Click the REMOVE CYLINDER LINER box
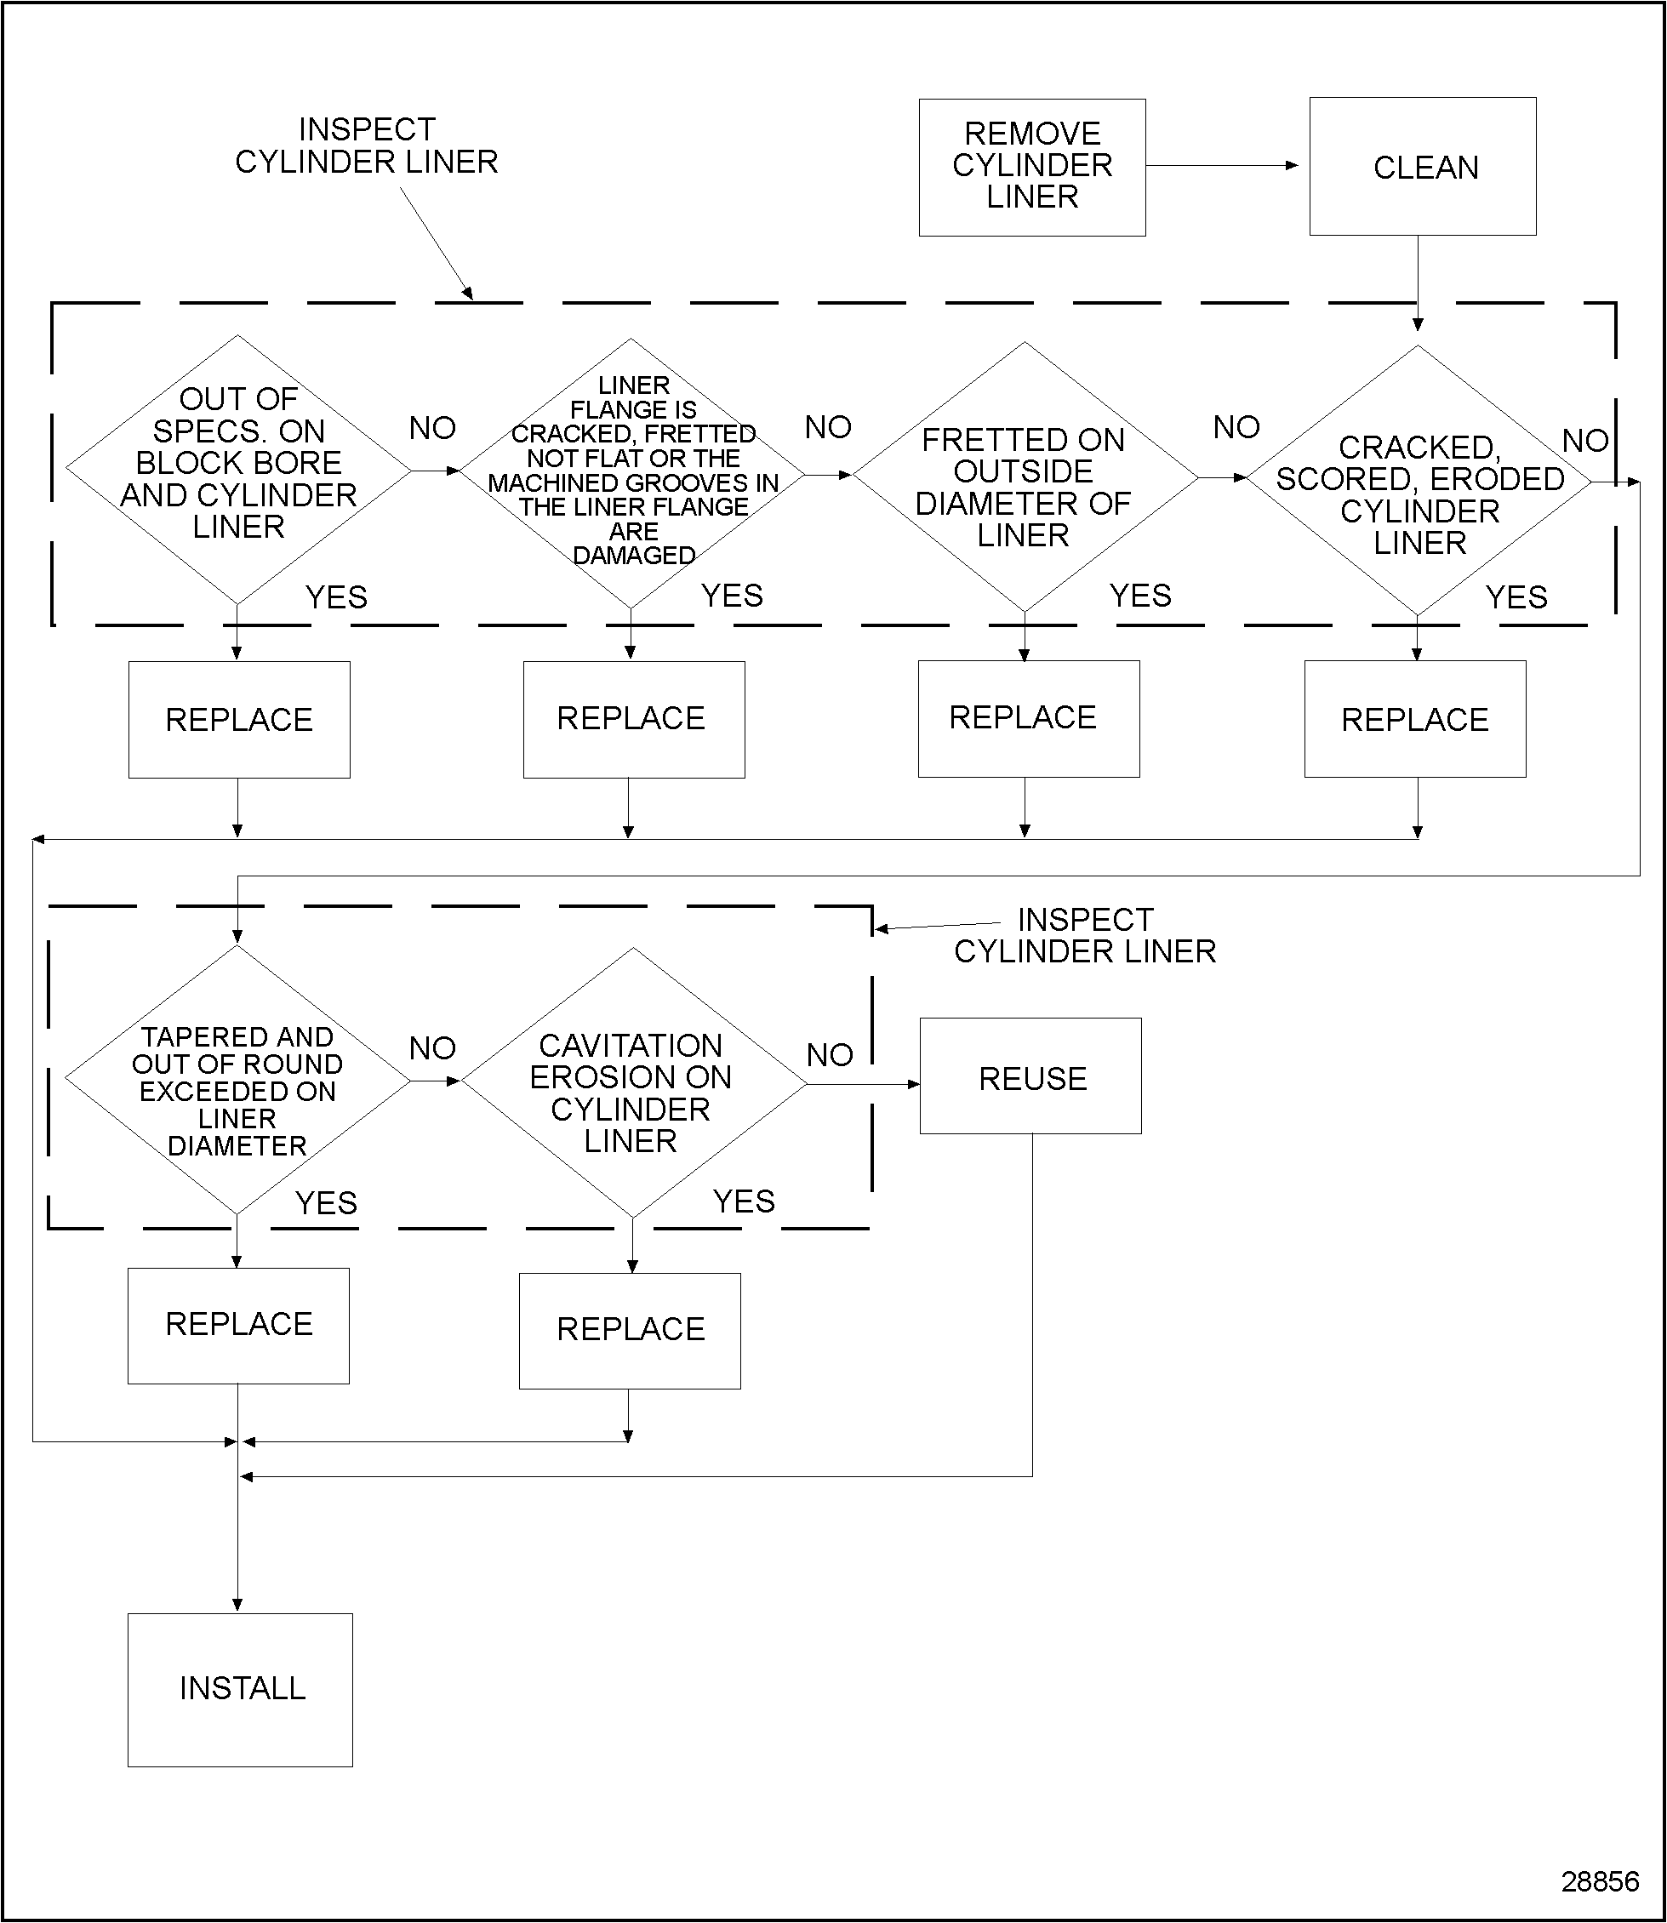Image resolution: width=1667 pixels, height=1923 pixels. click(1031, 167)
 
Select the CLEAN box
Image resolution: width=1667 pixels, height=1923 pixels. click(1422, 167)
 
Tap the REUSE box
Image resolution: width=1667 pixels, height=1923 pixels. click(1030, 1076)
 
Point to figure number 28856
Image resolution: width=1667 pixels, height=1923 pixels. click(1599, 1881)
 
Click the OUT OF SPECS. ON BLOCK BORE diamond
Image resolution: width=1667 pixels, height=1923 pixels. click(238, 470)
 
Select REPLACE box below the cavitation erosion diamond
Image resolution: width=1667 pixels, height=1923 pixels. click(630, 1331)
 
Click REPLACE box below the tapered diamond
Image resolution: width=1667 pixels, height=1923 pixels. click(238, 1325)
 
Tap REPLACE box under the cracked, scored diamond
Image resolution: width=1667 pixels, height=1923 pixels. click(1415, 719)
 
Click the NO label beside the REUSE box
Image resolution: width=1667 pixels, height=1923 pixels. click(830, 1055)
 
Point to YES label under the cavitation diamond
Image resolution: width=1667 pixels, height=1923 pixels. click(743, 1201)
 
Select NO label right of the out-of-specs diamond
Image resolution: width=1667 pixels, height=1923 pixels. click(432, 428)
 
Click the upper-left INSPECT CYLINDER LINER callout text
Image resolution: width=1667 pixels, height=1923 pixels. click(367, 146)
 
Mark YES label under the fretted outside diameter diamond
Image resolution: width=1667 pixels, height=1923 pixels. click(1140, 596)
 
